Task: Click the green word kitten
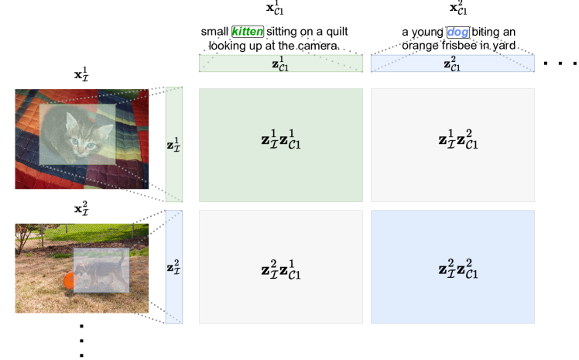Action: (x=248, y=32)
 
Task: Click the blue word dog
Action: (x=457, y=32)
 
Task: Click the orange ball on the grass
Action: (x=68, y=280)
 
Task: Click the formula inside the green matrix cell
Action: (x=280, y=141)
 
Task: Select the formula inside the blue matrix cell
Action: (x=457, y=269)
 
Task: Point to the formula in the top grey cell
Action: (x=457, y=141)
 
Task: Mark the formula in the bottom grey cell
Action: (x=280, y=269)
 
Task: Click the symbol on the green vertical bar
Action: (x=173, y=144)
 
